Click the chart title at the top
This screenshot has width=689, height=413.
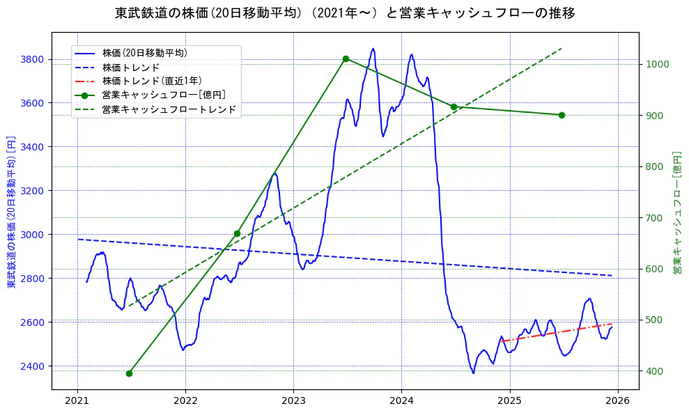coord(344,13)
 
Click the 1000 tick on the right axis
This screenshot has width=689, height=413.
coord(657,64)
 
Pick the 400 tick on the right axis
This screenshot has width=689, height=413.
coord(654,371)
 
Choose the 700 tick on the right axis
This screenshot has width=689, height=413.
coord(654,218)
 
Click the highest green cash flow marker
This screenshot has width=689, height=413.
coord(346,59)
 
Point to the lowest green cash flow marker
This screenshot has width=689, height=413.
coord(129,373)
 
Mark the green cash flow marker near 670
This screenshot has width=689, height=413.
coord(237,233)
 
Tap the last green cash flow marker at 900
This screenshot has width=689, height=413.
coord(562,115)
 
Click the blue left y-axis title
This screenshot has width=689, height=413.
coord(11,212)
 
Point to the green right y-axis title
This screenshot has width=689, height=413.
coord(676,212)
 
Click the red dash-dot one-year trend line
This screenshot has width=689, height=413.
coord(557,332)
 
